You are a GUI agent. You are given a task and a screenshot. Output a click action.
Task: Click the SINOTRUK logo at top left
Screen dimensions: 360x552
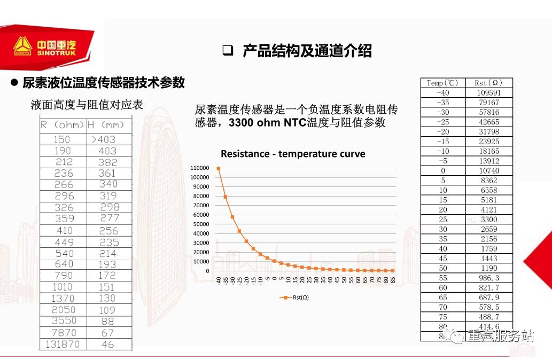45,47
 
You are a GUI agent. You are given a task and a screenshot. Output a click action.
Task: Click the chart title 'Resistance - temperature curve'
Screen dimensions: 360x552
293,154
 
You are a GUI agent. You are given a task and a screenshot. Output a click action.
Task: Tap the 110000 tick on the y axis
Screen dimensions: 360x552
200,168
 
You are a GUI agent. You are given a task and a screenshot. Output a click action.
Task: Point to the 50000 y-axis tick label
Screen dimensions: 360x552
201,224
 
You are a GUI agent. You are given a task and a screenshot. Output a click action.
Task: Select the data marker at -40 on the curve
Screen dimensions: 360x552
219,168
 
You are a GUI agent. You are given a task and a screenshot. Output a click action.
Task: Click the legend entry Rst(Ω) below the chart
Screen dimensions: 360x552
294,297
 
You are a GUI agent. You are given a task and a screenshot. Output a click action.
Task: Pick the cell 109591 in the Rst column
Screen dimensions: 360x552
488,92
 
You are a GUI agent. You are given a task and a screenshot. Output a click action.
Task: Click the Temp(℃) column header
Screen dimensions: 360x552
442,83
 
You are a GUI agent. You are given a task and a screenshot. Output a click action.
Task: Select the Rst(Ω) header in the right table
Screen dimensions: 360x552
488,83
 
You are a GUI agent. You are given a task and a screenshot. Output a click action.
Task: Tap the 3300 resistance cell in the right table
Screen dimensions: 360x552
488,220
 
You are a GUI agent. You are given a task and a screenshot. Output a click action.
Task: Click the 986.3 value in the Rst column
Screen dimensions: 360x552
488,278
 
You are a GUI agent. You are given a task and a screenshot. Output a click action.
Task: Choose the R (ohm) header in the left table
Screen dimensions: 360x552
63,125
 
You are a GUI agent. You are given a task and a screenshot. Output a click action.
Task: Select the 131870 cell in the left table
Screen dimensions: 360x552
63,344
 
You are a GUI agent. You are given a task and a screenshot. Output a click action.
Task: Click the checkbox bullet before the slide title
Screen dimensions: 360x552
228,51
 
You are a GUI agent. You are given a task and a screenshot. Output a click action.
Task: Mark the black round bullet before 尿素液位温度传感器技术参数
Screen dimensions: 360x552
15,83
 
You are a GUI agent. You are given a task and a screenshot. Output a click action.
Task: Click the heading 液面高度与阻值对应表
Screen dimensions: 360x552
87,105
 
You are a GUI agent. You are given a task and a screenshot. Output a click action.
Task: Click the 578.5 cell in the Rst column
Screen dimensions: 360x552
488,307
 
